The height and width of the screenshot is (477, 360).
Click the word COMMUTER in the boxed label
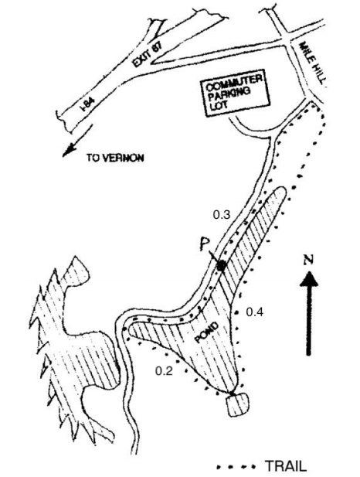pos(233,83)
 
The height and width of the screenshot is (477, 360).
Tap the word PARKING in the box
pos(229,94)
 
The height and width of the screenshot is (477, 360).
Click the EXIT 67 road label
pos(147,54)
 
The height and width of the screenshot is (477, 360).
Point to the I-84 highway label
pos(87,104)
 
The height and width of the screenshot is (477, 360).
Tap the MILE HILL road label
pos(313,63)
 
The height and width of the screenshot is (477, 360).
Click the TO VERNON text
pos(115,158)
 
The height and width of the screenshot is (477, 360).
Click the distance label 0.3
pos(222,215)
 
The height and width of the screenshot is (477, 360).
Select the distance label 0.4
pos(254,312)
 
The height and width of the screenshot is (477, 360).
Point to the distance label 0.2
pos(164,371)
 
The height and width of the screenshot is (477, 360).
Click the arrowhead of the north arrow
pos(309,279)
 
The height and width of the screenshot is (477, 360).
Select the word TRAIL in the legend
pos(286,466)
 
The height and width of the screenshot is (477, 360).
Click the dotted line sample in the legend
pos(236,466)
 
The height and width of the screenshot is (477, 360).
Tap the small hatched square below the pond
pos(237,404)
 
